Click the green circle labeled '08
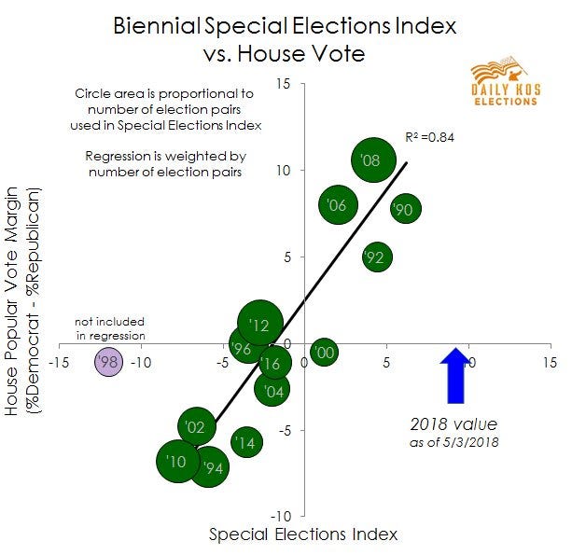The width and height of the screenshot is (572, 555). click(x=370, y=160)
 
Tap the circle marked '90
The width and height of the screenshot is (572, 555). click(x=404, y=209)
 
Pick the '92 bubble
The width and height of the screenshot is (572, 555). click(x=376, y=257)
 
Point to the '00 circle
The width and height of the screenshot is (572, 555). click(x=324, y=352)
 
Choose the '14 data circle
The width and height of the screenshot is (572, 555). click(x=245, y=443)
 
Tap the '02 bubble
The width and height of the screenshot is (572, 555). click(x=196, y=426)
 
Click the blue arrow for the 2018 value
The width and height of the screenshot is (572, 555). click(x=455, y=375)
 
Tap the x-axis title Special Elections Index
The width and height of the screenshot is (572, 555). click(x=303, y=534)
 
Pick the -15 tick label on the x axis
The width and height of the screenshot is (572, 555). click(x=61, y=361)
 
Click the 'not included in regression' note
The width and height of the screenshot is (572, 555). click(x=110, y=328)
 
